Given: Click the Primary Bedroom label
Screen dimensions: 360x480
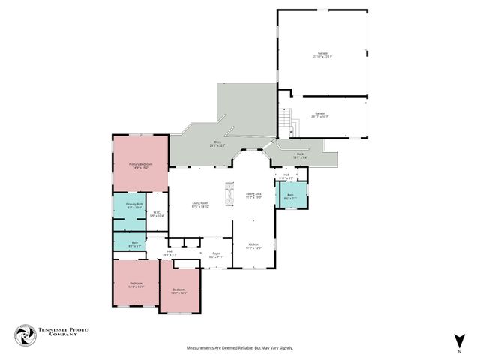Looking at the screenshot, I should point(140,166).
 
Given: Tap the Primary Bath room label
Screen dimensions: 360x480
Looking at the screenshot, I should point(134,205).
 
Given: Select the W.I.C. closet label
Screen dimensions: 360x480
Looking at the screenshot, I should point(157,214).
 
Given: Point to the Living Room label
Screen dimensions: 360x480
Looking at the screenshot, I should point(199,205).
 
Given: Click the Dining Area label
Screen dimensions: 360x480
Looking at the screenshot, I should point(254,195).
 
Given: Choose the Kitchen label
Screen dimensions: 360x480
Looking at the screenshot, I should point(253,246).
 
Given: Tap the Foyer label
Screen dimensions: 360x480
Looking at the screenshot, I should point(215,255).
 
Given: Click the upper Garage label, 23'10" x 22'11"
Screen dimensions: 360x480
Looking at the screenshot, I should point(322,55).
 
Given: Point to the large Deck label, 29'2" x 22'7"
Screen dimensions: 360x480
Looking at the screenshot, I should point(217,144).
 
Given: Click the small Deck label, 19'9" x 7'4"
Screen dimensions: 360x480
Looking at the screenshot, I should point(301,157).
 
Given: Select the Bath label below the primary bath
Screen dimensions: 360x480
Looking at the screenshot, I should point(135,243).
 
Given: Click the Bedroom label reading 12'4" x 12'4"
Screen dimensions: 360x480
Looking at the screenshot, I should point(136,284).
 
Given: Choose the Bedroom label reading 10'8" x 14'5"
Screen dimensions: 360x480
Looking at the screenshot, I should point(178,291).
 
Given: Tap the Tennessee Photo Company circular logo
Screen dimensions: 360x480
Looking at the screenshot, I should point(26,334).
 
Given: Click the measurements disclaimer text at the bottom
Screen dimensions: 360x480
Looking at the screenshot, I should point(240,348).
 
